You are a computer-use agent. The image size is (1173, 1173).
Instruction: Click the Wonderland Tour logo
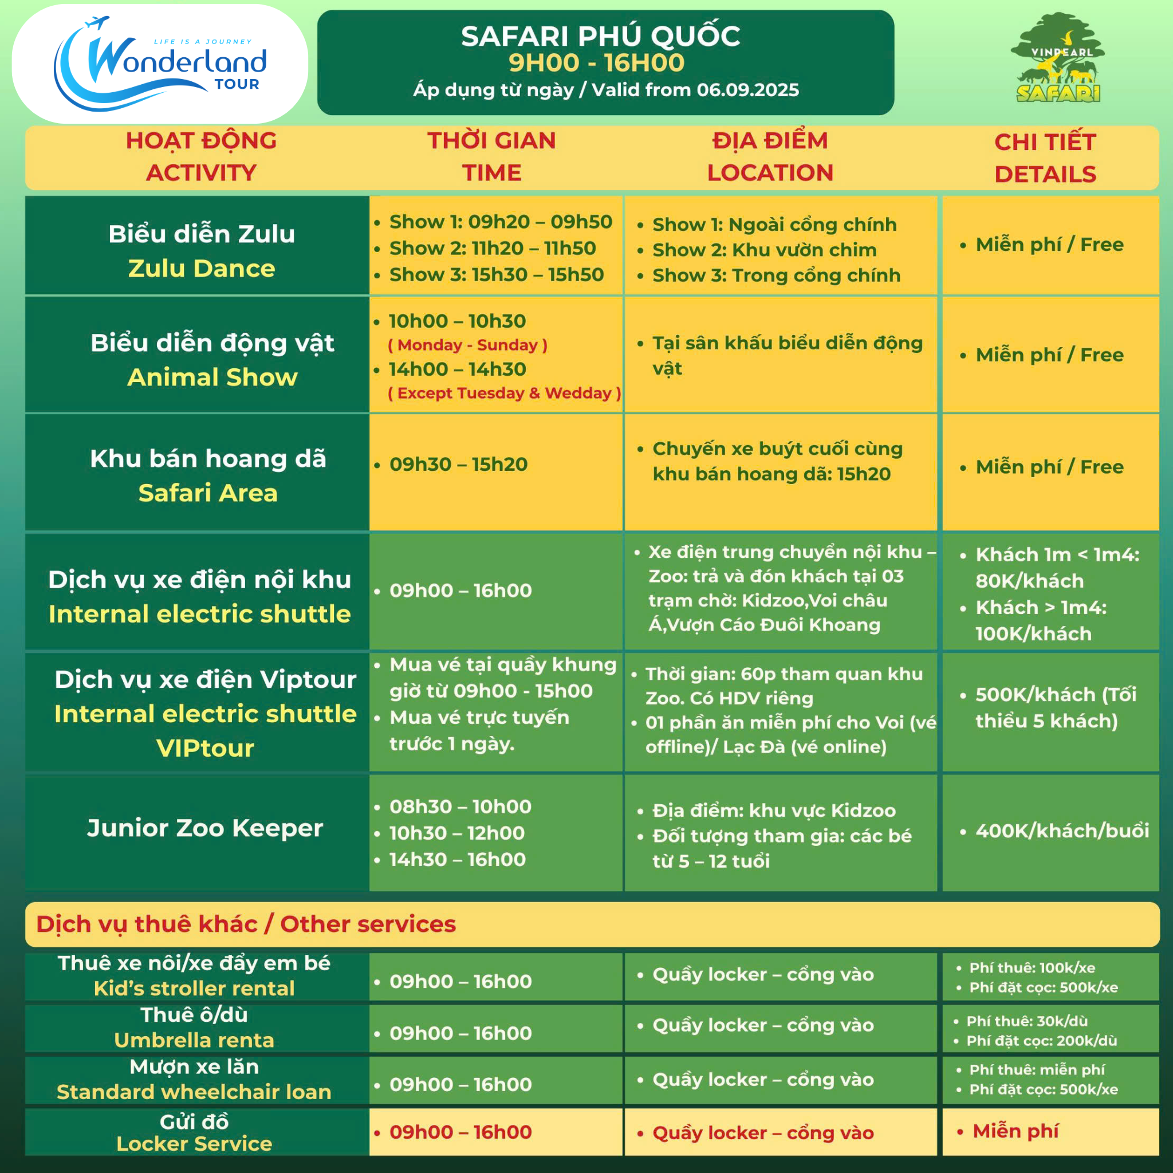160,64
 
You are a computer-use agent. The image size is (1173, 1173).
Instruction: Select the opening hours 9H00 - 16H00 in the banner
596,62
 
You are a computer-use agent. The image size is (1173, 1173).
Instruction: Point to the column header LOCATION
770,173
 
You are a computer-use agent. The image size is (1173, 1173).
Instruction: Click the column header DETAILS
1045,175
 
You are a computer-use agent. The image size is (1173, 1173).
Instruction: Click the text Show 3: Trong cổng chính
776,275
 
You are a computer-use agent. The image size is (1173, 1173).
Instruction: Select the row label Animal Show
212,377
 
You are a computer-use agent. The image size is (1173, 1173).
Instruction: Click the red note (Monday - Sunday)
467,345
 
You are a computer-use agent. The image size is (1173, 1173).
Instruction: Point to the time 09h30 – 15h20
458,465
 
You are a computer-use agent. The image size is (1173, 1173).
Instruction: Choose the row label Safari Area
208,493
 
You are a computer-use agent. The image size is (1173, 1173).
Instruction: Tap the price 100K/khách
1033,634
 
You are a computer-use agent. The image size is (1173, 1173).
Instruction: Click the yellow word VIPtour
205,749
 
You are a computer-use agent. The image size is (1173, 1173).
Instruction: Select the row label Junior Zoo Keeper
205,828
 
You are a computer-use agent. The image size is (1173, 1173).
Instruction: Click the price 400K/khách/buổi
1062,830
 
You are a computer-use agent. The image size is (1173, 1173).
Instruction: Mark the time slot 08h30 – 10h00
460,807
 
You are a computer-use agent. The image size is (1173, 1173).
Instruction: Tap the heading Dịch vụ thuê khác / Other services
246,924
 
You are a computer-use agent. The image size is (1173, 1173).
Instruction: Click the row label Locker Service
194,1144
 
